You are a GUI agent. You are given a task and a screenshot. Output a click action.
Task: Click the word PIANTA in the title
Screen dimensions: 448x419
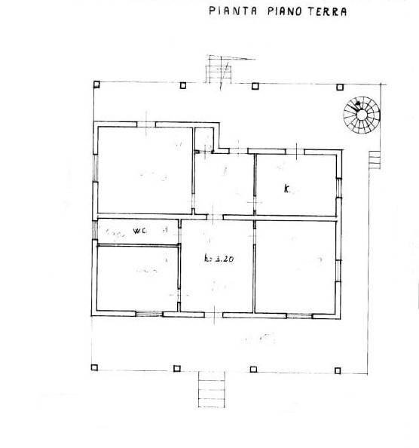point(230,11)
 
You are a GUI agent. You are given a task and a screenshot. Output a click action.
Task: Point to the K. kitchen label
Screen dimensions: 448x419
point(287,189)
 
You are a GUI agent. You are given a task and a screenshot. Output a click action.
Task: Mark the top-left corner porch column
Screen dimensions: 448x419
point(96,84)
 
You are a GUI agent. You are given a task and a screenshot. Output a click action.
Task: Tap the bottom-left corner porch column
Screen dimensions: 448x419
point(96,368)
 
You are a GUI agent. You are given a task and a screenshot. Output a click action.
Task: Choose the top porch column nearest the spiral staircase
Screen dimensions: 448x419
point(335,84)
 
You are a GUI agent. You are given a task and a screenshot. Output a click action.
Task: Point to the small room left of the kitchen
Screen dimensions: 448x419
point(224,185)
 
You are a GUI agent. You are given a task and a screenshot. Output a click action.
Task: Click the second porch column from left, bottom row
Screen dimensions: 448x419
point(177,368)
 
